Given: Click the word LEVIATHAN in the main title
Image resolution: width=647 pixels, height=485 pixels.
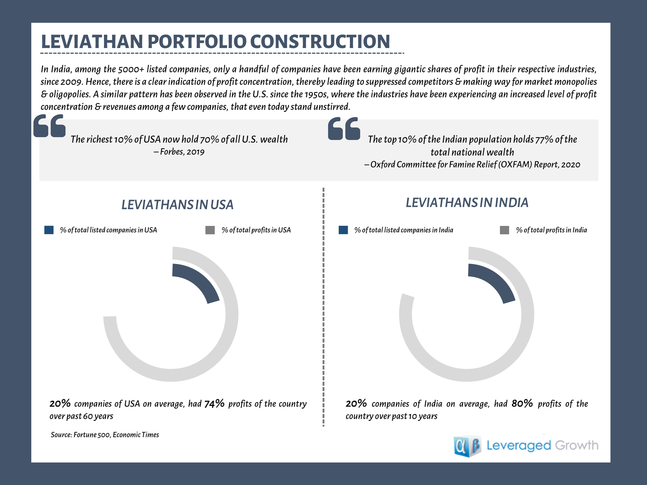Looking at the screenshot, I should (92, 42).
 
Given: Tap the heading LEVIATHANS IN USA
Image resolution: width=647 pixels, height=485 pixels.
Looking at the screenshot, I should (178, 205).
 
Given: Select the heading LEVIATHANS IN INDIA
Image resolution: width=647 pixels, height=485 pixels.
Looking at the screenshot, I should (467, 202).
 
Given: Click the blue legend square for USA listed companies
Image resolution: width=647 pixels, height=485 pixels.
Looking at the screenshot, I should (49, 230).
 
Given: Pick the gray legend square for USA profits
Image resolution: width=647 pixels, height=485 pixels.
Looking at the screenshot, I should (210, 230).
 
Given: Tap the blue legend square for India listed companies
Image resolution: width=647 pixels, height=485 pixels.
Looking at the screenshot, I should (343, 230).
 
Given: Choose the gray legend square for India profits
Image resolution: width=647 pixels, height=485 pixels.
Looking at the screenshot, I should (504, 230).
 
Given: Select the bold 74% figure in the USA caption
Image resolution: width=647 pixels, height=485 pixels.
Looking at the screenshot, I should (214, 403).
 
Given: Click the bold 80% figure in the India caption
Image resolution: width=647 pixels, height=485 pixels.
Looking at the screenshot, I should (522, 403).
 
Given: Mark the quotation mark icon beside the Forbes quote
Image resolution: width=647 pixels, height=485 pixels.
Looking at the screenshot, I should (49, 126).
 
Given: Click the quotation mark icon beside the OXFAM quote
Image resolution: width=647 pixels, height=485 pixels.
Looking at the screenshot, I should (344, 129).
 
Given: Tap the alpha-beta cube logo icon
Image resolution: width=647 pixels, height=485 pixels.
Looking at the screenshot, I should (467, 446).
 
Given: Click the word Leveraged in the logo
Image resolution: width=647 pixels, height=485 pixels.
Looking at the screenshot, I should (519, 445).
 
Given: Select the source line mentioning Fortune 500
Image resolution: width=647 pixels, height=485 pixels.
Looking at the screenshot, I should (105, 435).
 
